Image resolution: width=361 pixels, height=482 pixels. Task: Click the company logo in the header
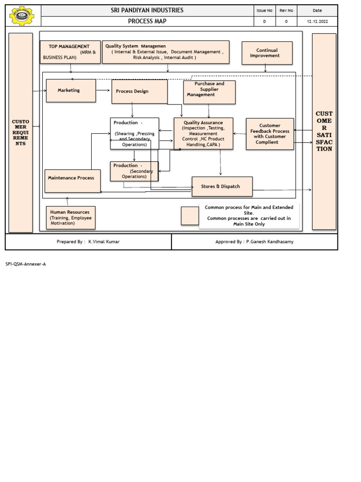(x=23, y=16)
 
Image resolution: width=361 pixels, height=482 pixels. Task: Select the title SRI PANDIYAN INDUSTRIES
(x=147, y=10)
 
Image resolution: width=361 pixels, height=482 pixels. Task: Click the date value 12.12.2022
(x=317, y=22)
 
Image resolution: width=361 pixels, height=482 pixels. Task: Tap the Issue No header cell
(x=264, y=10)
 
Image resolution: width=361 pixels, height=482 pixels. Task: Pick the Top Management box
(x=70, y=52)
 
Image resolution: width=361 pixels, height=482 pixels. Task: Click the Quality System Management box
(x=165, y=52)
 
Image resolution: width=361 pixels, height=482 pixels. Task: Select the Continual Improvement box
(x=267, y=53)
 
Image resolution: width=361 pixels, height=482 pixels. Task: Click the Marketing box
(x=71, y=90)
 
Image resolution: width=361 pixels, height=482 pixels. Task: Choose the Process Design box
(x=139, y=91)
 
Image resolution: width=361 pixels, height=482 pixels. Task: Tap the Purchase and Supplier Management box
(x=209, y=92)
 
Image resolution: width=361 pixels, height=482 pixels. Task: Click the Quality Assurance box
(x=203, y=134)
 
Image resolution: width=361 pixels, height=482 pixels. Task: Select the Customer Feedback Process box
(x=270, y=134)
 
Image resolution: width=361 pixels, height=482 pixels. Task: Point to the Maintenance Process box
(x=72, y=181)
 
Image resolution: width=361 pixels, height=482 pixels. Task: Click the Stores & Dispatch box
(x=222, y=186)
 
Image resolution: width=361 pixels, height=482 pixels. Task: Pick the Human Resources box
(x=71, y=217)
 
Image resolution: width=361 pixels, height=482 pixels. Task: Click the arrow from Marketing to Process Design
(x=103, y=90)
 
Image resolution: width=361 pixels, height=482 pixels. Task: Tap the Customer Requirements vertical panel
(x=21, y=132)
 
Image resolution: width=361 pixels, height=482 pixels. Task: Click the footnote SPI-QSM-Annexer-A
(x=26, y=264)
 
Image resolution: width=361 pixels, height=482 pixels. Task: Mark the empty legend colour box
(x=190, y=216)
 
